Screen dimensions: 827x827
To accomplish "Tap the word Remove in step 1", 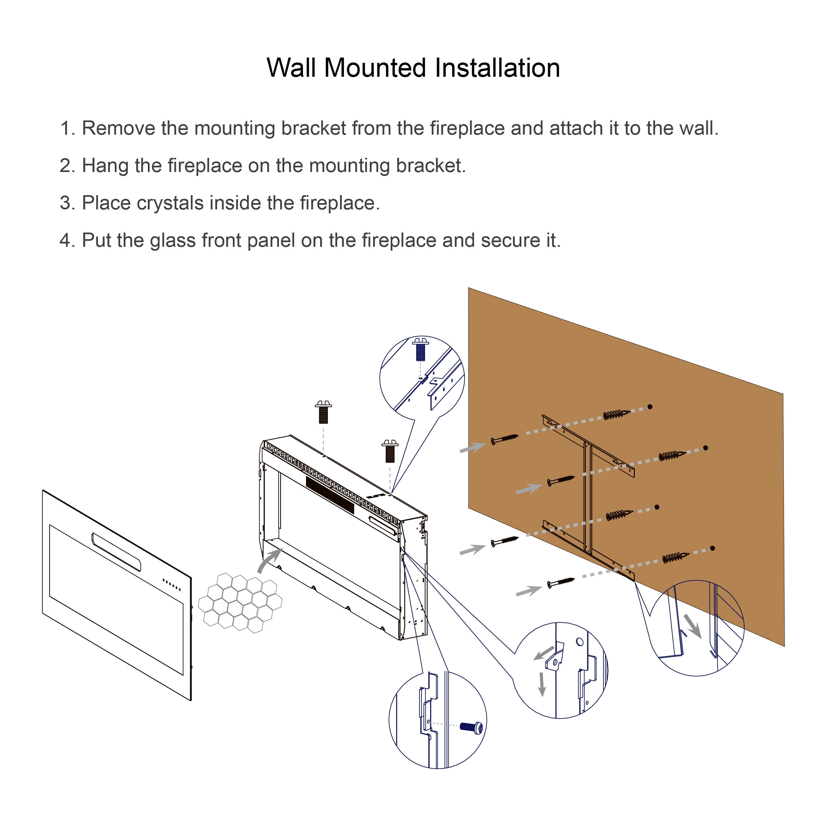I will (x=118, y=128).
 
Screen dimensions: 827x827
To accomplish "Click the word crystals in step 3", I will (x=170, y=203).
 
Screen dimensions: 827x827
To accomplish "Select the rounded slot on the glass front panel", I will (x=116, y=552).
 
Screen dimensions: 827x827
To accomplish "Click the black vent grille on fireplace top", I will (x=329, y=495).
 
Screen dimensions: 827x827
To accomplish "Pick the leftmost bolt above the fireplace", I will (x=323, y=412).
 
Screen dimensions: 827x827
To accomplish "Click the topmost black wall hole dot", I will (x=649, y=407).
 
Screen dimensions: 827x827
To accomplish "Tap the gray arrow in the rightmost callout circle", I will (x=692, y=626).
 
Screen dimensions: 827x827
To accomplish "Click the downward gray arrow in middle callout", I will (x=542, y=684).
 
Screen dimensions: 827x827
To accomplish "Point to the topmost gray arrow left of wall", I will (x=473, y=448).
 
